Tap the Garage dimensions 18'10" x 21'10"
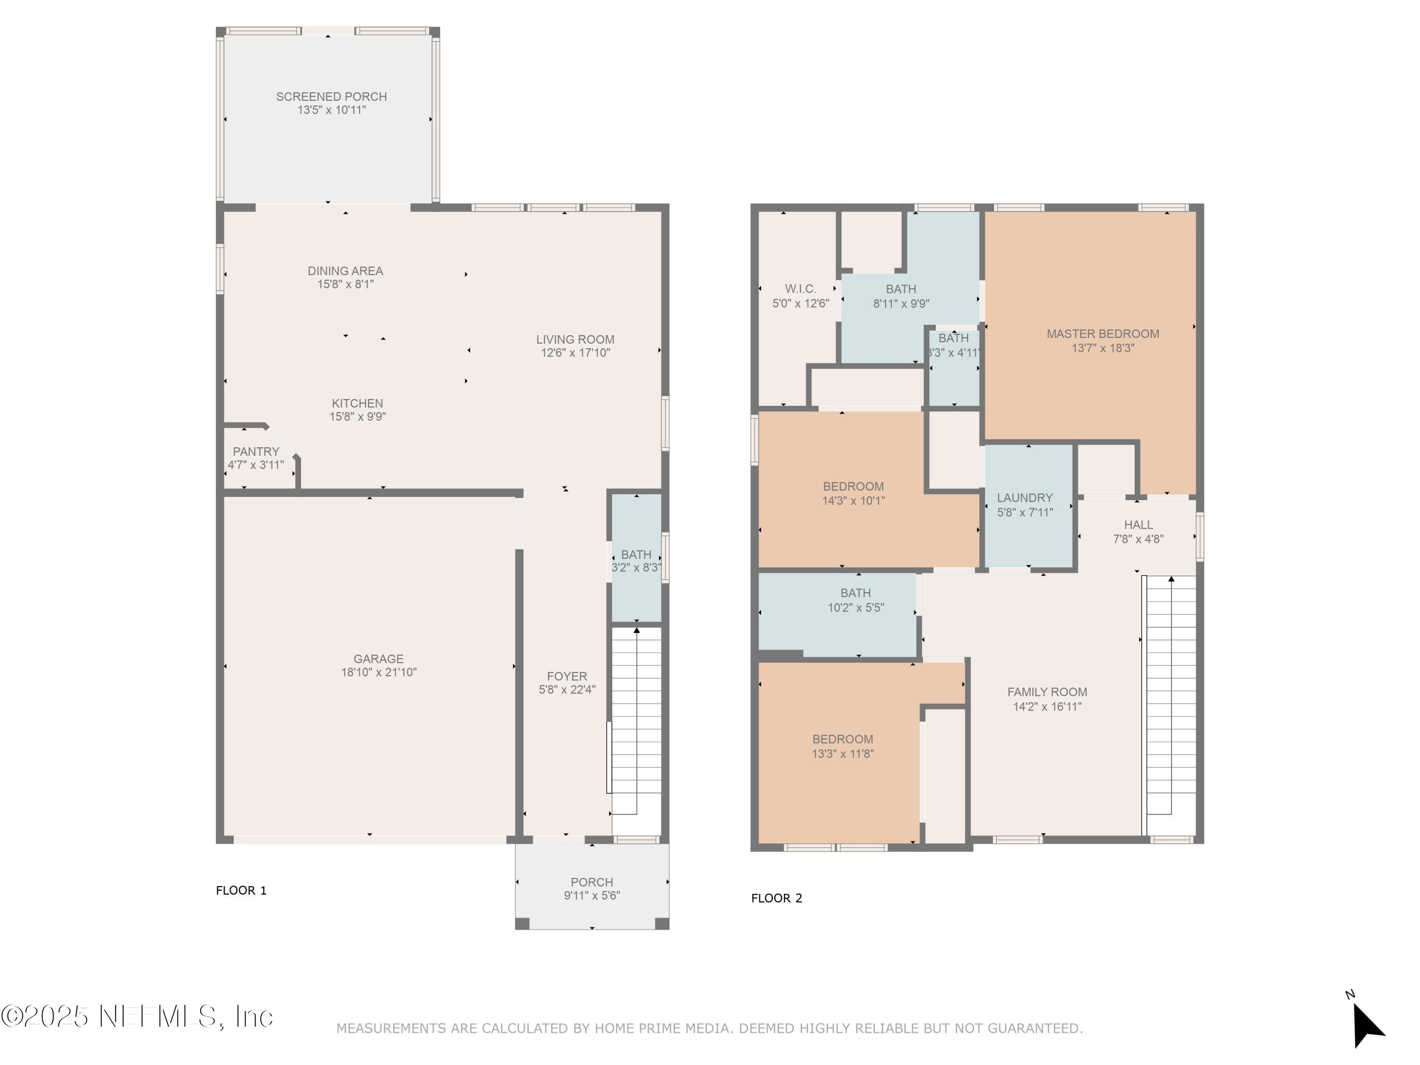click(379, 672)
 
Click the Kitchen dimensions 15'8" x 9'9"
click(357, 417)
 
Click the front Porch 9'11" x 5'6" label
click(592, 889)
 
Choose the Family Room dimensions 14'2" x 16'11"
click(1047, 707)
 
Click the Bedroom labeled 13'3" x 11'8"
click(843, 746)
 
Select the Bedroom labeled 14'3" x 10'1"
click(854, 494)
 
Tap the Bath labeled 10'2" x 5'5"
click(856, 600)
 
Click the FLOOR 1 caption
click(241, 890)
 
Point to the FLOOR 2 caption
click(777, 898)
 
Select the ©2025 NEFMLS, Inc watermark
click(137, 1016)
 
